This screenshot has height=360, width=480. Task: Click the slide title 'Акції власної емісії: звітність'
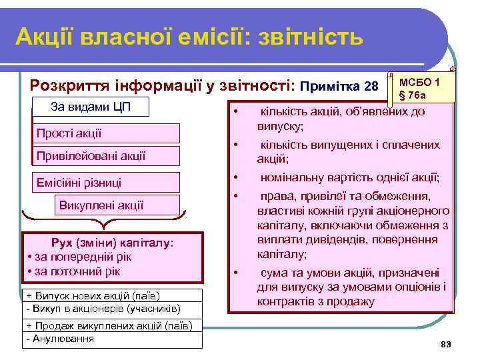click(x=189, y=37)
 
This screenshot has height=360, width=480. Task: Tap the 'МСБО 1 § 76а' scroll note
click(x=419, y=87)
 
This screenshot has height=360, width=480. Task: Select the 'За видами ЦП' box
click(x=91, y=108)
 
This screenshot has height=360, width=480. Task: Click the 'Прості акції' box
click(x=107, y=133)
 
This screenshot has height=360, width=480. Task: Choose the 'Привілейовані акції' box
click(x=107, y=156)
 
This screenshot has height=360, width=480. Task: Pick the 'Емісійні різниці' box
click(x=107, y=182)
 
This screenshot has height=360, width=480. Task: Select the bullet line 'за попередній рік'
click(x=80, y=257)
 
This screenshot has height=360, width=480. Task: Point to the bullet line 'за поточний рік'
click(x=76, y=271)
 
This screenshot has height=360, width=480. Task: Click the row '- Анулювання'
click(x=60, y=339)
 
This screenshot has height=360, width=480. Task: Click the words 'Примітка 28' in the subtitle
click(x=339, y=87)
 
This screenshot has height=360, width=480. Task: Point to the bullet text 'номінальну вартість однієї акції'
click(x=349, y=177)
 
